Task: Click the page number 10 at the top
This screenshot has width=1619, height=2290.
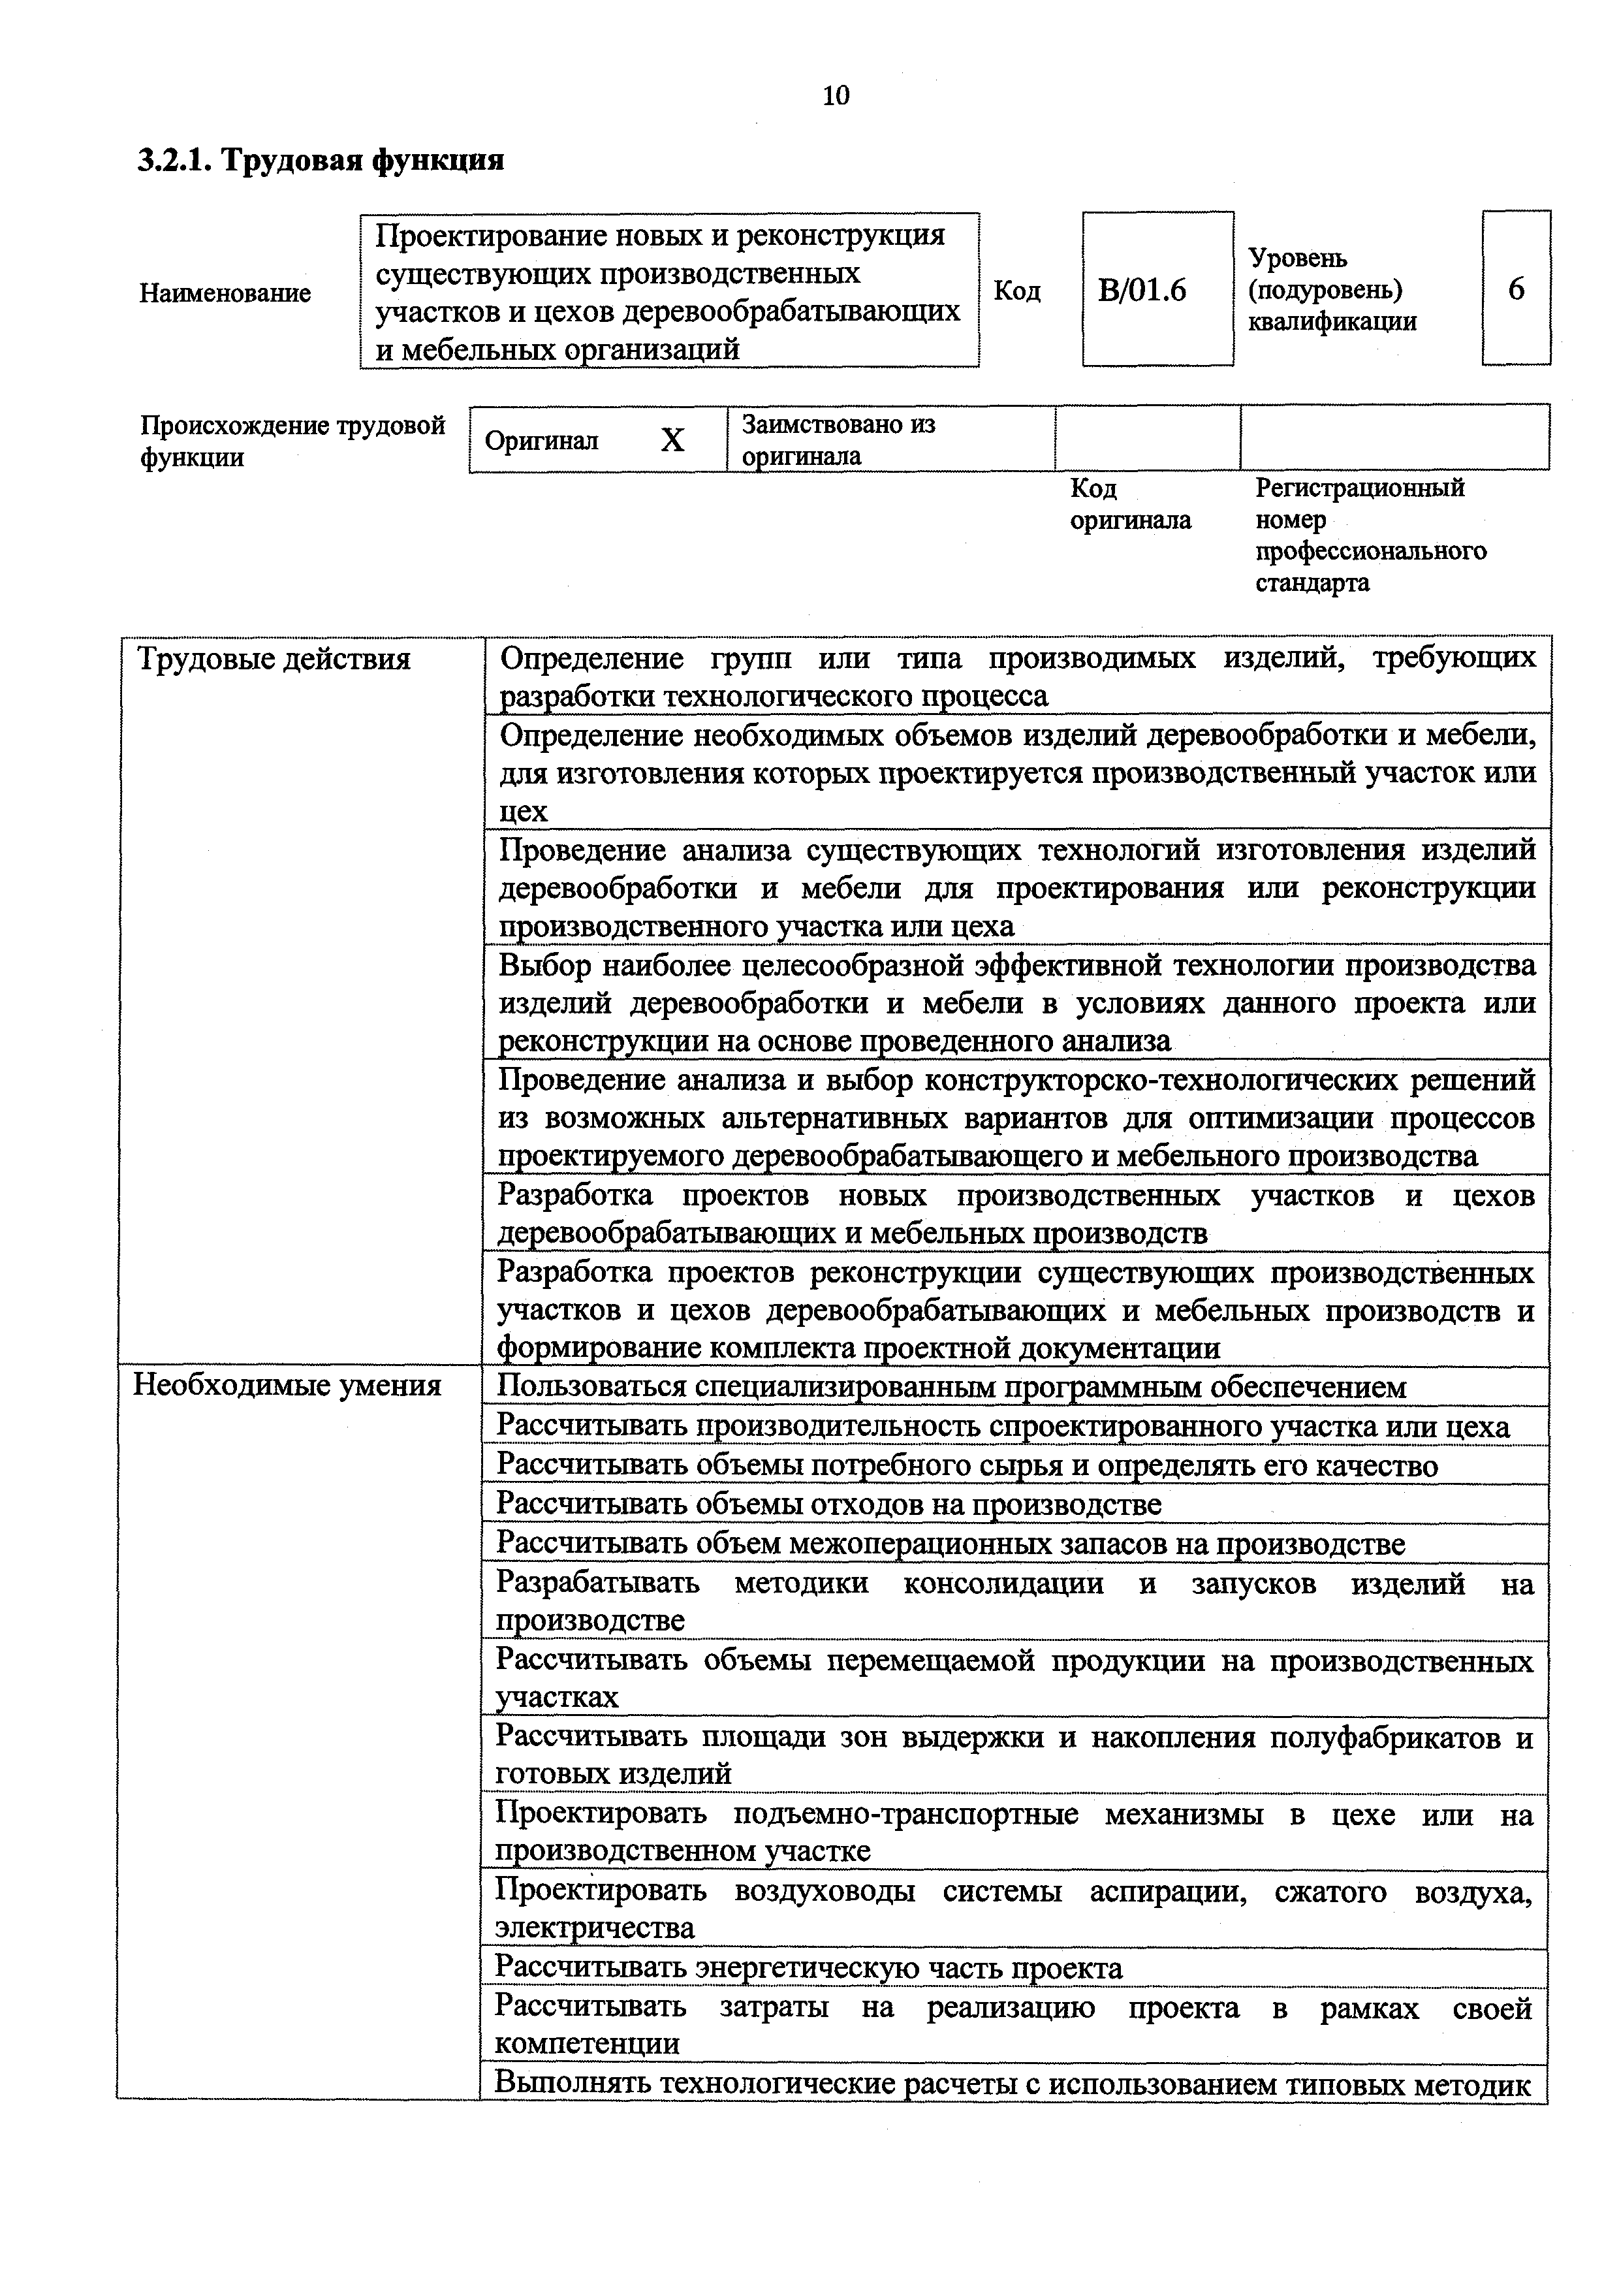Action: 836,96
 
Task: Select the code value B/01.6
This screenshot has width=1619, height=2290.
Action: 1142,290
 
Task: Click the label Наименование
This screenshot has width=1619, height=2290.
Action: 225,293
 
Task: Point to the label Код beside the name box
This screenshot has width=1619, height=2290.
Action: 1017,291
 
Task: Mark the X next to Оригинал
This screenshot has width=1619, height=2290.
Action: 673,440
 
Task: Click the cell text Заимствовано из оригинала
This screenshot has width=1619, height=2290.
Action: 838,440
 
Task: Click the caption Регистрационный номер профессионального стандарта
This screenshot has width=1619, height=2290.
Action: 1370,535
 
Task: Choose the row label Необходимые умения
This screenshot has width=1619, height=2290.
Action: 287,1386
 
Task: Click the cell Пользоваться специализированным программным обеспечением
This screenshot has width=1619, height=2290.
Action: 951,1386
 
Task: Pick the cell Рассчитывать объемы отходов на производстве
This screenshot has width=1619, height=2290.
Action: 828,1503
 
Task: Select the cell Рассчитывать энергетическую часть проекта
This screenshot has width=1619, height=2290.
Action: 808,1968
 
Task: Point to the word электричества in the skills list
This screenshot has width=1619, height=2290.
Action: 594,1928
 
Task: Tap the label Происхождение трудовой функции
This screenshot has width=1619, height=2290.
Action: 291,441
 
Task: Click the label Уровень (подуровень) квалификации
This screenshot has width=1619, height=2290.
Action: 1332,289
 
